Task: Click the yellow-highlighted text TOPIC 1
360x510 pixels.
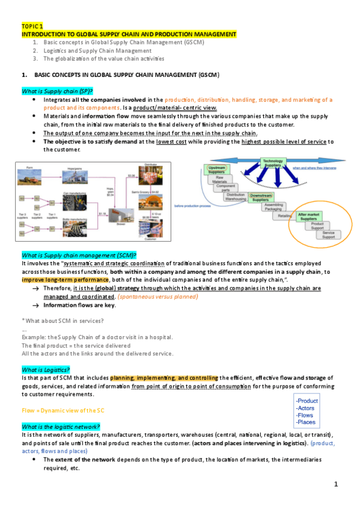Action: (32, 27)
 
